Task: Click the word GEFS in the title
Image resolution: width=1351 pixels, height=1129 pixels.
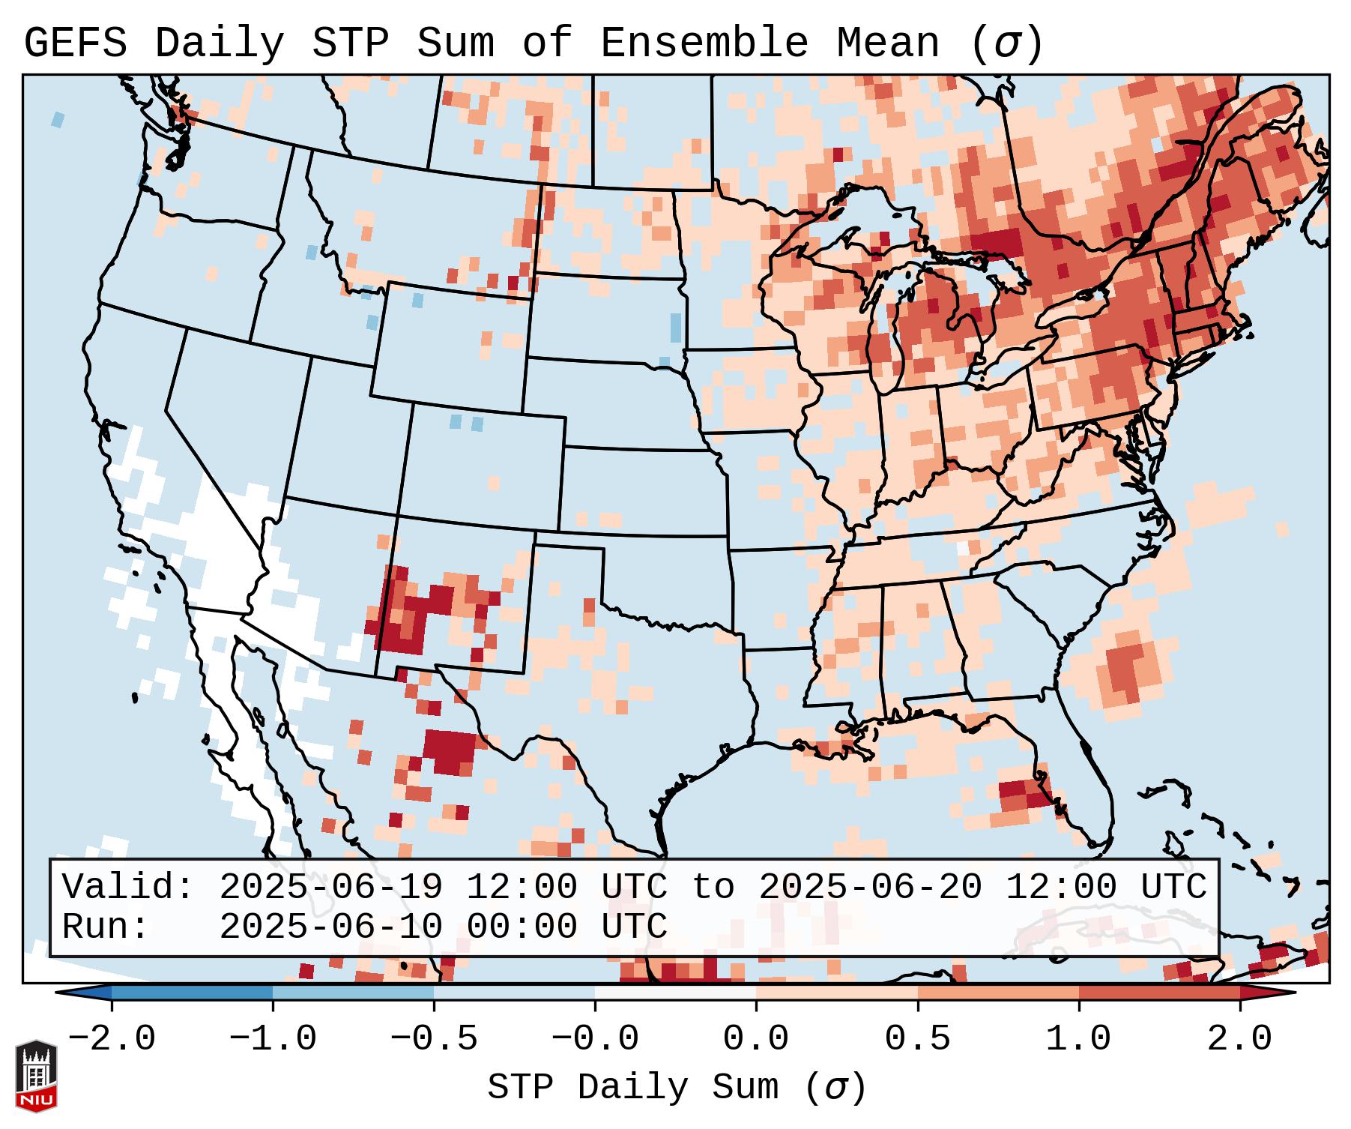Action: pos(75,43)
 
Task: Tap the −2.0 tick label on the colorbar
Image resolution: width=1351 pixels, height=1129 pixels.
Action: pos(112,1039)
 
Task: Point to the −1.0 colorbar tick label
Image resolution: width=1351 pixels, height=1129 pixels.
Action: pos(273,1039)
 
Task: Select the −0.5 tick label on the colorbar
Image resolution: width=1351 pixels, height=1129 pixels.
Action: pos(434,1039)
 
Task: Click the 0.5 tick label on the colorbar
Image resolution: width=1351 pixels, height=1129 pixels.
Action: pos(918,1039)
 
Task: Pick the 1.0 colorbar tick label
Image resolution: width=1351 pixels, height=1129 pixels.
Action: pos(1079,1039)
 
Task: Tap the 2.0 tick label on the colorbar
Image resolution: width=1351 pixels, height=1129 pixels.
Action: pos(1240,1039)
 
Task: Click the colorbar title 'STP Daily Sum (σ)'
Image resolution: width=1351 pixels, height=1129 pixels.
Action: pos(677,1088)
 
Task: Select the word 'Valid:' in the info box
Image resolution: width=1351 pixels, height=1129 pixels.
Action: pos(128,888)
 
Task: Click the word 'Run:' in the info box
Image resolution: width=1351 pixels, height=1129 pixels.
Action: pos(105,927)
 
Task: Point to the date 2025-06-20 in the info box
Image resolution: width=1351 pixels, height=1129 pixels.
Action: pos(870,888)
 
